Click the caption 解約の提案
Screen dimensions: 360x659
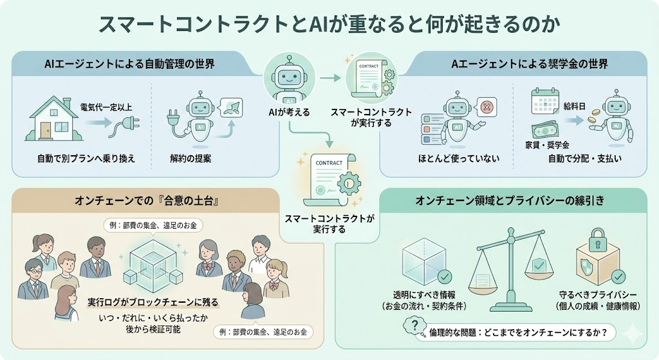pyautogui.click(x=193, y=158)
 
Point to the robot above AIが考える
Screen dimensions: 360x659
pyautogui.click(x=288, y=79)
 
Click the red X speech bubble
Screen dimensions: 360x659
pyautogui.click(x=487, y=106)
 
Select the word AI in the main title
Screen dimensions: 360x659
pyautogui.click(x=316, y=24)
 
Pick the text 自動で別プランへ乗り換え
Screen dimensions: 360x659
pyautogui.click(x=86, y=158)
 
